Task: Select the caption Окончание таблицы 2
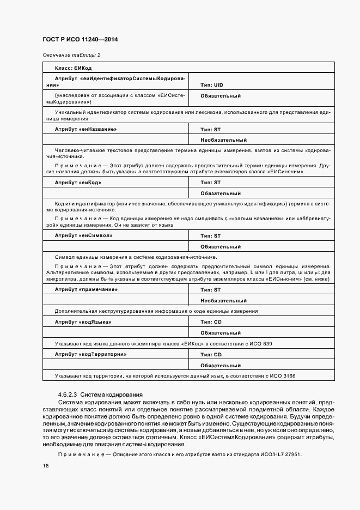point(71,55)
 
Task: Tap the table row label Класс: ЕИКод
point(73,68)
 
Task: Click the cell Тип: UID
point(212,85)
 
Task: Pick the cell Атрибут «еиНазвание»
point(86,129)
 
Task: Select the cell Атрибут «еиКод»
point(78,183)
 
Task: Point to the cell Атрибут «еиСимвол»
point(83,236)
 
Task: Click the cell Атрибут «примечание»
point(86,289)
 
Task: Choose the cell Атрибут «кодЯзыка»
point(83,322)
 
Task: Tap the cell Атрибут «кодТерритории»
point(90,354)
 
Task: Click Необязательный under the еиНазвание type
point(223,140)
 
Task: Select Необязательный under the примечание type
point(223,300)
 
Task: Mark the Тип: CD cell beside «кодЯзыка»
point(211,322)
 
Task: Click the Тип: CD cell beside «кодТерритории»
point(211,354)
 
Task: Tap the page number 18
point(45,466)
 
